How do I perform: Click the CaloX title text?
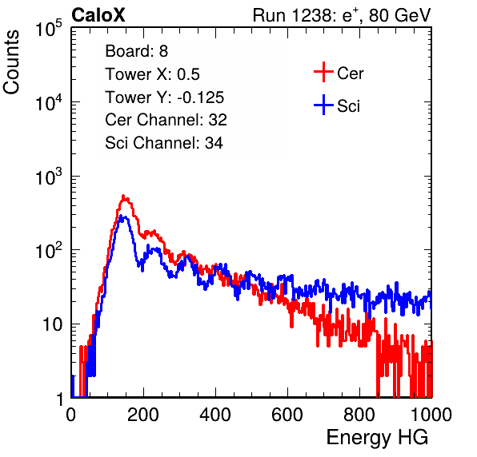tap(98, 15)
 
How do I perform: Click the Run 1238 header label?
tap(342, 15)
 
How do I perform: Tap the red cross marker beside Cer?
tap(323, 72)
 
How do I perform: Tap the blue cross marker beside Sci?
tap(323, 105)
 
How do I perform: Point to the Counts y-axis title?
tap(11, 62)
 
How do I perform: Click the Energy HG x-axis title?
tap(377, 438)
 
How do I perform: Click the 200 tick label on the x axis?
tap(143, 414)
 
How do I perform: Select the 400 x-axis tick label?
tap(215, 414)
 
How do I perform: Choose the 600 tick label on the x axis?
tap(287, 414)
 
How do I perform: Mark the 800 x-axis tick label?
tap(359, 414)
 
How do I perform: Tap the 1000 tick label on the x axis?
tap(431, 414)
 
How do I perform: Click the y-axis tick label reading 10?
tap(52, 324)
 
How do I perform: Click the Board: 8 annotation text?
tap(136, 51)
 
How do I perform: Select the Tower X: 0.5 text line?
tap(152, 74)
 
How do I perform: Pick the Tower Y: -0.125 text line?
tap(165, 97)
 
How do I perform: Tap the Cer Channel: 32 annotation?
tap(166, 120)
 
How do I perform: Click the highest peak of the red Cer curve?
tap(123, 197)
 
